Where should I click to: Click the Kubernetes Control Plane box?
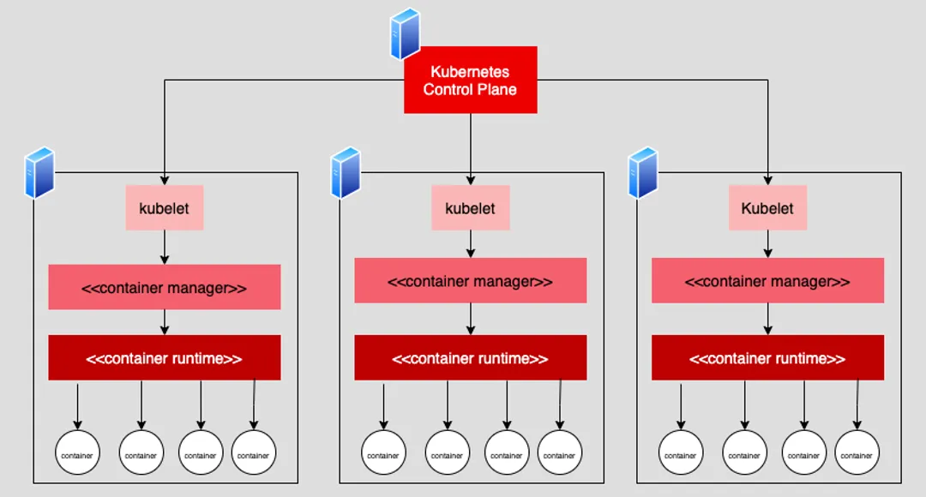tap(470, 80)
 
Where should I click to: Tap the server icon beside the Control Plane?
tap(404, 34)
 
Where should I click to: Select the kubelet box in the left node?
tap(164, 208)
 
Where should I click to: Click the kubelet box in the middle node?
tap(470, 208)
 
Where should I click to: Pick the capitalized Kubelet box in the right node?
tap(767, 208)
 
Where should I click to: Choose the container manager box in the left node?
tap(164, 288)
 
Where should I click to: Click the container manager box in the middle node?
tap(470, 281)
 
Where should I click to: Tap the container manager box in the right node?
tap(767, 281)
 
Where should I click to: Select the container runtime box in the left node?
tap(164, 358)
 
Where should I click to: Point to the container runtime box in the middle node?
tap(470, 358)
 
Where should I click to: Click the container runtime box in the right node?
tap(767, 358)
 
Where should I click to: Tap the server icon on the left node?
tap(39, 172)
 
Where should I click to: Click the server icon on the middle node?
tap(346, 172)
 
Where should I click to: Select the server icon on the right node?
tap(643, 172)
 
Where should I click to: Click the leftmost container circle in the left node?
tap(77, 453)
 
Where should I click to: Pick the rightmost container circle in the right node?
tap(857, 453)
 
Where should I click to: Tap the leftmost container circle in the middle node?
tap(383, 453)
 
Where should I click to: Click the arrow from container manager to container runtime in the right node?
tap(767, 318)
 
